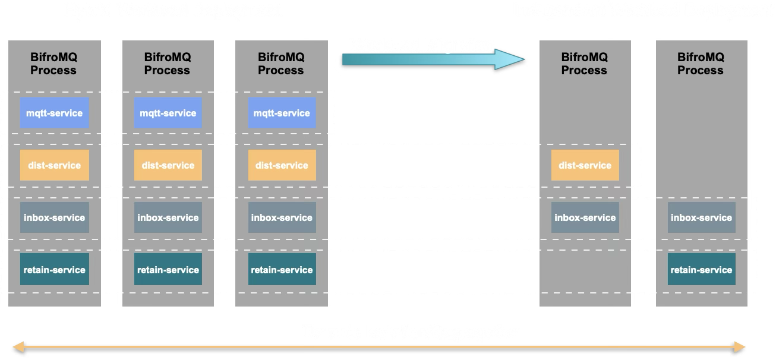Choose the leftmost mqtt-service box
[x=54, y=113]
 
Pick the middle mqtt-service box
[x=168, y=113]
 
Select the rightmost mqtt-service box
[x=282, y=113]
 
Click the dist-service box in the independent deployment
[x=585, y=165]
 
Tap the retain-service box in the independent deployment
[x=701, y=270]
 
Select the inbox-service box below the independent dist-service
[x=585, y=217]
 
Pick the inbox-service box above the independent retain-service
[x=701, y=217]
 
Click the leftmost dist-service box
[x=54, y=165]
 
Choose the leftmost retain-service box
[x=54, y=270]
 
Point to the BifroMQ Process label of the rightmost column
[x=701, y=64]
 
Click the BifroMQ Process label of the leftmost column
[x=53, y=64]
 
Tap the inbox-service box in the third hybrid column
[x=282, y=217]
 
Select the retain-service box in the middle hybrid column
[x=168, y=270]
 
